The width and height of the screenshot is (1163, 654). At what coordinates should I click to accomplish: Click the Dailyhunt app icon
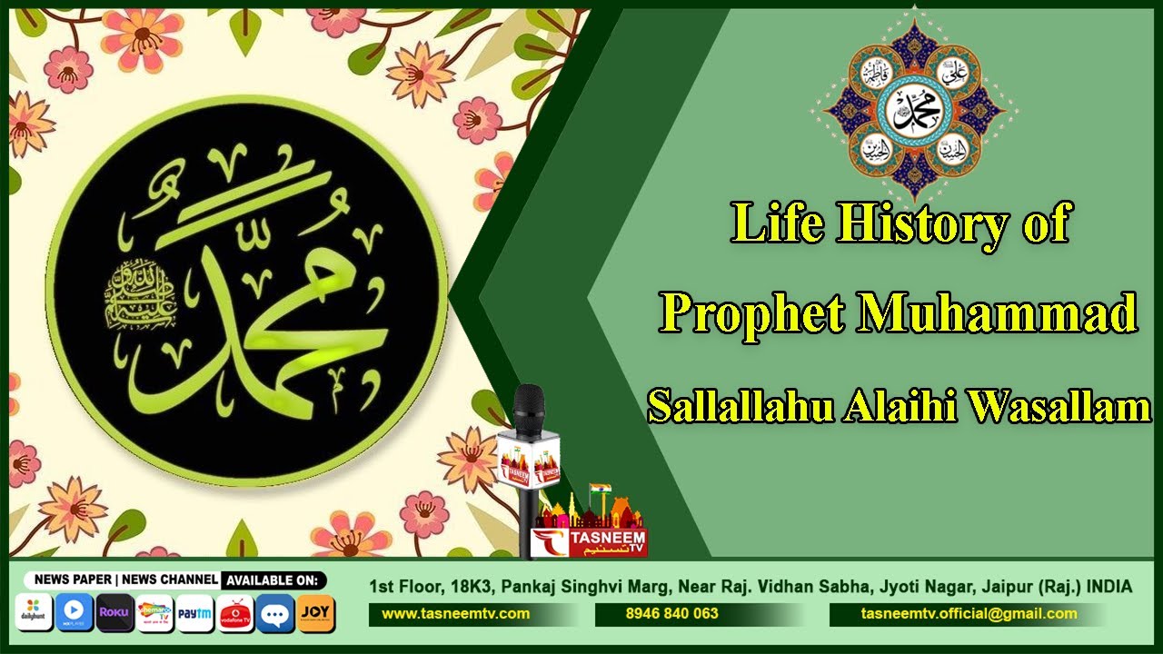pyautogui.click(x=35, y=613)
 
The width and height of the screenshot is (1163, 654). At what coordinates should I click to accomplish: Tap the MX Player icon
pyautogui.click(x=75, y=613)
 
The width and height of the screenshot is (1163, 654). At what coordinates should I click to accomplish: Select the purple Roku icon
pyautogui.click(x=114, y=613)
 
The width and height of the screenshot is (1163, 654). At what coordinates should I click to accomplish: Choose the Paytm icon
pyautogui.click(x=194, y=613)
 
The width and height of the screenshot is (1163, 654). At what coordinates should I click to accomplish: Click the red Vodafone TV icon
pyautogui.click(x=235, y=613)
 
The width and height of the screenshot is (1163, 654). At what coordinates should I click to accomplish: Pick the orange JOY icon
pyautogui.click(x=315, y=613)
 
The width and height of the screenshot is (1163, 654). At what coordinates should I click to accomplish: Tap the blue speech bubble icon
pyautogui.click(x=275, y=613)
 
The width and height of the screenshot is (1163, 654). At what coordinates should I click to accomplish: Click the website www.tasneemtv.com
pyautogui.click(x=455, y=614)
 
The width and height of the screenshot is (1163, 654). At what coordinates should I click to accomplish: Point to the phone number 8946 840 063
pyautogui.click(x=671, y=614)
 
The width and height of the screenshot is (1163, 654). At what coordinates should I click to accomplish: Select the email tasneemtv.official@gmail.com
pyautogui.click(x=969, y=614)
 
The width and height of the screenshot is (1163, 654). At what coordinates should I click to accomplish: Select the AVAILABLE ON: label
pyautogui.click(x=272, y=580)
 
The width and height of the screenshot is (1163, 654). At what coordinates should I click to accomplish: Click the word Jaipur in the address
pyautogui.click(x=1016, y=588)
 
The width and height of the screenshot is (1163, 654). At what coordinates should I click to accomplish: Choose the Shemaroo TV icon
pyautogui.click(x=154, y=613)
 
